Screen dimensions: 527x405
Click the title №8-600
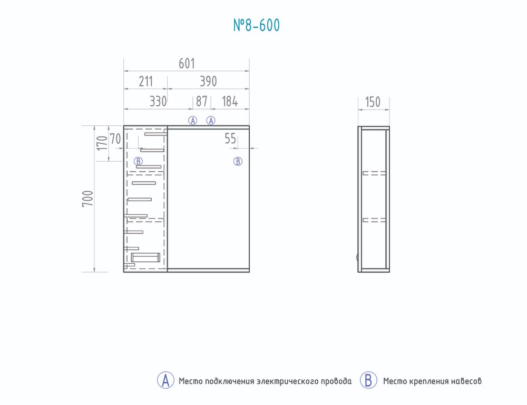257,25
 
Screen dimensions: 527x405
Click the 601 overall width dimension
187,64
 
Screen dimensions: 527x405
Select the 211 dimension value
146,82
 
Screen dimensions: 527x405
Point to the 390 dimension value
208,82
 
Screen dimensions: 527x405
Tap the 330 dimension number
158,102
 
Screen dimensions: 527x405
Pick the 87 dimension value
202,102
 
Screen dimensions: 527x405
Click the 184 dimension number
230,102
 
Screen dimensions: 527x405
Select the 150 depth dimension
373,102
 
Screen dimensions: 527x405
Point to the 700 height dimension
87,199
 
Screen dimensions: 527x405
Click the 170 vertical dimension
102,143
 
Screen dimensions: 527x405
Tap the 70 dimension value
115,139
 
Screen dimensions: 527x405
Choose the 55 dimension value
231,139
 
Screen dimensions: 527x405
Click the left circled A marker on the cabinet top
192,121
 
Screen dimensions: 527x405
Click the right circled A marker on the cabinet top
211,121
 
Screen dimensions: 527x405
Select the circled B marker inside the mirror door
238,162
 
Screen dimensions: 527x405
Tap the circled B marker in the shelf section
139,161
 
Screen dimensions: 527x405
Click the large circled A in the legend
165,380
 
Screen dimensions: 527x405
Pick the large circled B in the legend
368,380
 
